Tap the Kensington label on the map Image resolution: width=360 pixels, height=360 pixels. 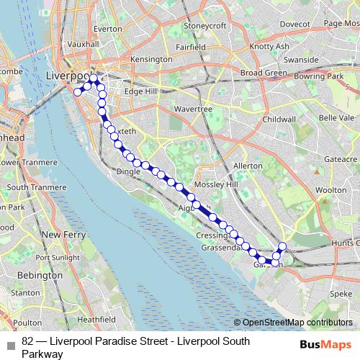(x=151, y=59)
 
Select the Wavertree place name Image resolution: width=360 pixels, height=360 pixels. (x=192, y=109)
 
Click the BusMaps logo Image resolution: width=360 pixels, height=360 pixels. (x=326, y=344)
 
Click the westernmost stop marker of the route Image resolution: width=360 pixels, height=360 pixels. (x=78, y=91)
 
